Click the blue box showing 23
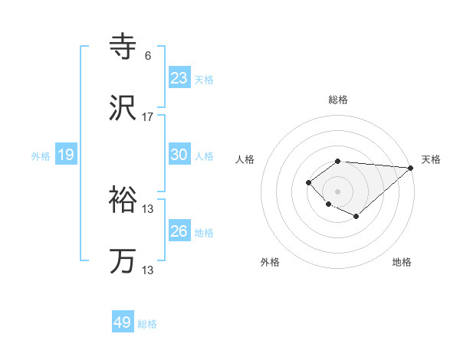(x=179, y=78)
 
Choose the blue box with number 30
(x=179, y=155)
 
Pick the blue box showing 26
(x=179, y=231)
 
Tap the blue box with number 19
(x=65, y=155)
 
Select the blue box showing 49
(x=123, y=322)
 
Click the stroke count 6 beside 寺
(x=147, y=55)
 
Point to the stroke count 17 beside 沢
(x=148, y=117)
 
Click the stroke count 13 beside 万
(x=148, y=270)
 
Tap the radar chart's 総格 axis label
(x=338, y=100)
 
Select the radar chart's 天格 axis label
(x=431, y=159)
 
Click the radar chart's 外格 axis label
(x=270, y=262)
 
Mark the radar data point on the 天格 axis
(x=411, y=168)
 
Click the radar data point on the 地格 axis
(x=356, y=217)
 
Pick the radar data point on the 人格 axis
(x=308, y=182)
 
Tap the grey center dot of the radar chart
(x=337, y=191)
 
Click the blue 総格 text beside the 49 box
(x=147, y=324)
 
